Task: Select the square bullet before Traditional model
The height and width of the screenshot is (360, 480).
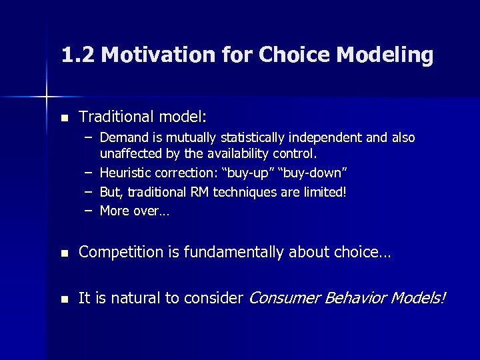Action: click(64, 118)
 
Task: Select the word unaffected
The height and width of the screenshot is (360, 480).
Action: click(128, 155)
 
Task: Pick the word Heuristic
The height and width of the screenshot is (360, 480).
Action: click(126, 173)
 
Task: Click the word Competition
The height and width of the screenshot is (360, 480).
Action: click(121, 252)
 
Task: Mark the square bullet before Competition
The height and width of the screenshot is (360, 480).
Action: click(64, 253)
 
